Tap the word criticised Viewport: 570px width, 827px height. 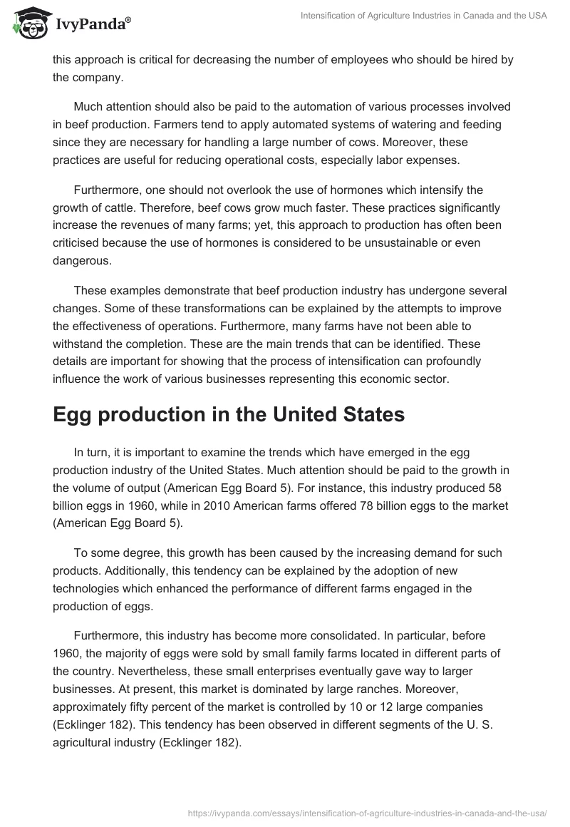pos(80,243)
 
